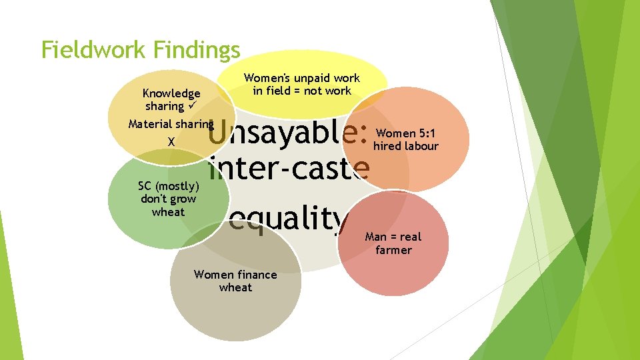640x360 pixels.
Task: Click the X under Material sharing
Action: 171,142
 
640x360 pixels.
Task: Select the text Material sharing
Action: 171,124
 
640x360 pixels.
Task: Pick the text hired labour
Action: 406,146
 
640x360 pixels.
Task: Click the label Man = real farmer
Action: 393,243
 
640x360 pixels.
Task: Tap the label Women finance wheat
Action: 235,281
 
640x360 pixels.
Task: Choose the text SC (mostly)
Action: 168,186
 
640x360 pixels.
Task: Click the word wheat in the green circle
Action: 168,212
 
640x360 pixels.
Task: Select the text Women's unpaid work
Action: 302,79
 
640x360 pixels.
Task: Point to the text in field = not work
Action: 302,91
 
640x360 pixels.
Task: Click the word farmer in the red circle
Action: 393,251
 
